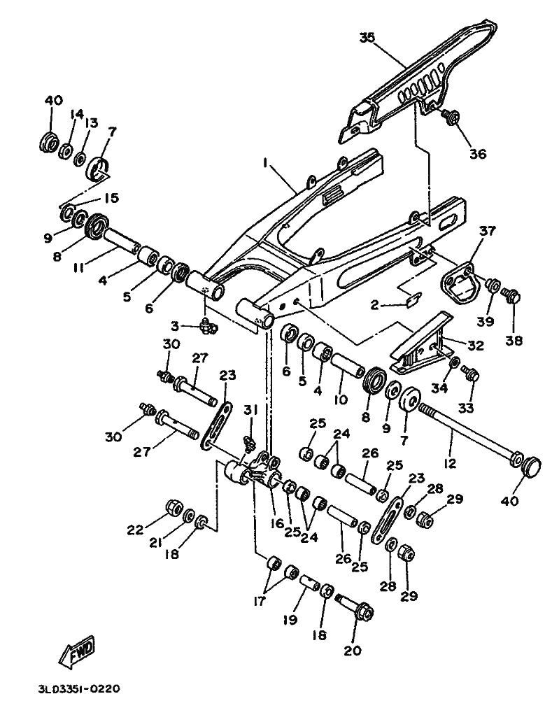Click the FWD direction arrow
click(77, 650)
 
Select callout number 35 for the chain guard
click(367, 38)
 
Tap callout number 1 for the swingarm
click(265, 164)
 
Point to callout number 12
click(450, 463)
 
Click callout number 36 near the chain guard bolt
click(477, 154)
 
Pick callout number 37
click(488, 231)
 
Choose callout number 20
click(353, 650)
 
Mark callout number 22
click(136, 530)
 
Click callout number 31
click(250, 409)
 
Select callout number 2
click(374, 305)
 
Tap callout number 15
click(111, 197)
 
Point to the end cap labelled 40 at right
click(531, 467)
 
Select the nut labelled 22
click(174, 507)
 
